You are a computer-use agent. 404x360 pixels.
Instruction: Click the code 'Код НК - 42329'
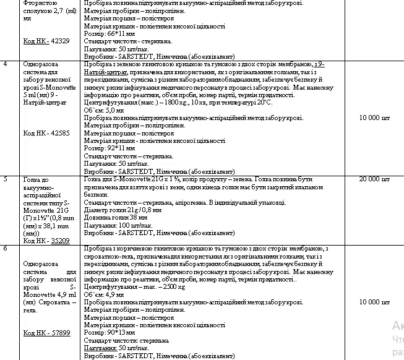[x=46, y=41]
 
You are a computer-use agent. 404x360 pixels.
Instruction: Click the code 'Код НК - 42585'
[x=46, y=132]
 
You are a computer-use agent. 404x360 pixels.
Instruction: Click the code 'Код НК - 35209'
[x=46, y=241]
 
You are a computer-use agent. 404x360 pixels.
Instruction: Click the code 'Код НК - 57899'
[x=46, y=333]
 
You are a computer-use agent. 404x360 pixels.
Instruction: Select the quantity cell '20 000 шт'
[x=374, y=179]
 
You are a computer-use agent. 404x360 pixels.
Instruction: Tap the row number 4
[x=6, y=64]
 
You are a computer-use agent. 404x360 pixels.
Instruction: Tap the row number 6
[x=6, y=248]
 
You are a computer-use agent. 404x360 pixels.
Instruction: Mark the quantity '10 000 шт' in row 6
[x=374, y=302]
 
